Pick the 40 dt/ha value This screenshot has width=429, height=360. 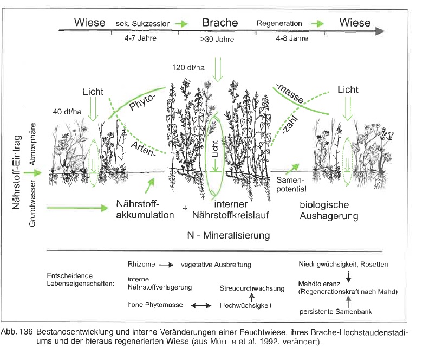(x=67, y=112)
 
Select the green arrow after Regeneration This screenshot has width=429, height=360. (x=317, y=24)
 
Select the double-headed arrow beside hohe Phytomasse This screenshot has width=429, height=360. (x=201, y=306)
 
